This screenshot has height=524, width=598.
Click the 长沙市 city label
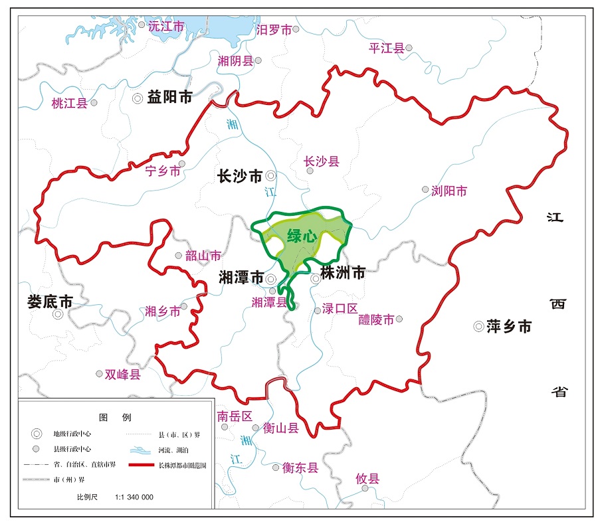point(240,176)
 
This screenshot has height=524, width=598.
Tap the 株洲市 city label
point(343,272)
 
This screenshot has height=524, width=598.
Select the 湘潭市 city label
point(241,278)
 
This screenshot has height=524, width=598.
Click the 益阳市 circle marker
point(138,98)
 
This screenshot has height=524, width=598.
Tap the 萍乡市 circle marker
point(478,326)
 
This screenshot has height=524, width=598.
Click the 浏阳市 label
point(449,191)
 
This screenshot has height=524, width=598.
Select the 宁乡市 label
point(162,171)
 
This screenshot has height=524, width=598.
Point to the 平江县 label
point(387,48)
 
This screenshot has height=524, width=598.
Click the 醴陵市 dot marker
point(399,319)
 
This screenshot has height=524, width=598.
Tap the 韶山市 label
point(203,256)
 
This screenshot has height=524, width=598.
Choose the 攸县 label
point(367,478)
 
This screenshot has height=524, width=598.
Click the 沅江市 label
point(165,27)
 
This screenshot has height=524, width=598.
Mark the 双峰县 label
point(123,375)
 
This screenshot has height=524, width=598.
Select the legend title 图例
point(115,418)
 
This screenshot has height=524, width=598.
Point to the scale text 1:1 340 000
point(134,497)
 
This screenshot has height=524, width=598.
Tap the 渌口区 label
point(340,309)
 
